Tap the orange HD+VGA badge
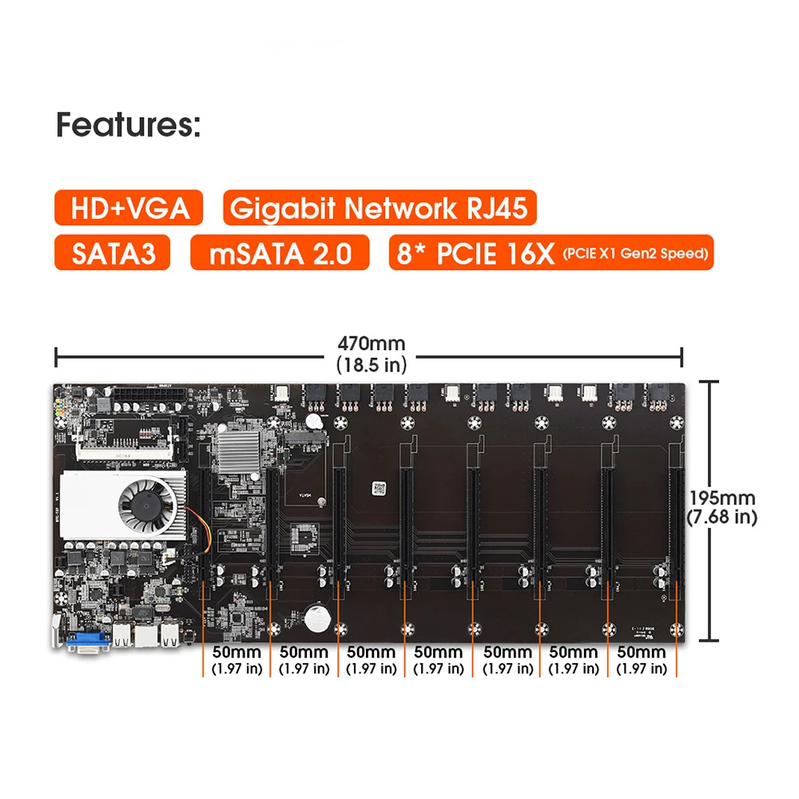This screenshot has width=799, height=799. [x=130, y=209]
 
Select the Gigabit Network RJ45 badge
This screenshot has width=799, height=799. [x=380, y=209]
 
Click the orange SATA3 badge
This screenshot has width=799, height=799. [x=112, y=253]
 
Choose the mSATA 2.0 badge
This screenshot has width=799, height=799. [x=280, y=253]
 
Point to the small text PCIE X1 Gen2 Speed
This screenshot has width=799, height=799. [x=635, y=254]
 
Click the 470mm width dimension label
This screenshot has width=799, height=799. [x=371, y=344]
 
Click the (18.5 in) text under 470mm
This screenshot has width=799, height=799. [x=371, y=365]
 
